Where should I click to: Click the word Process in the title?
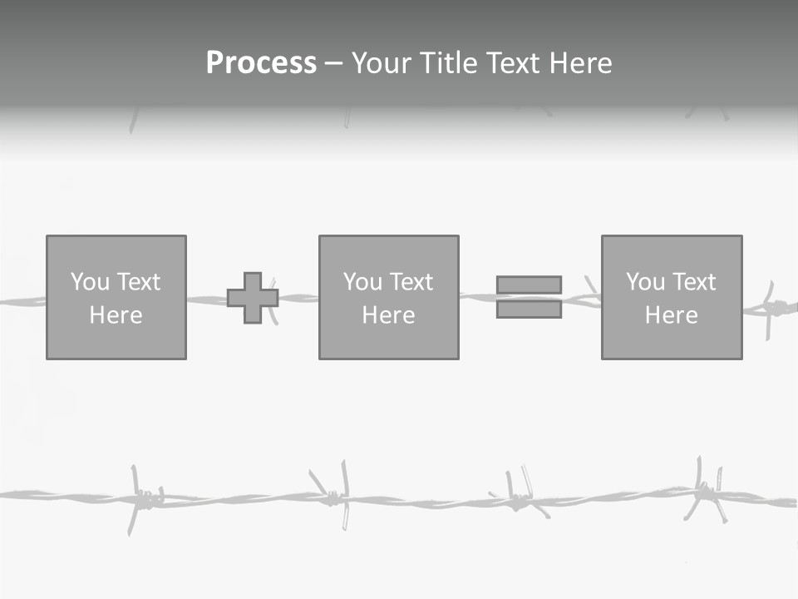(x=261, y=63)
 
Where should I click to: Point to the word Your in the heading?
(x=379, y=63)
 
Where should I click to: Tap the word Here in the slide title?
(x=579, y=63)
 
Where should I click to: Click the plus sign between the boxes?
(x=253, y=298)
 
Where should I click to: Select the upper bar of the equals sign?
(x=529, y=285)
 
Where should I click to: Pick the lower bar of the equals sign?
(x=529, y=309)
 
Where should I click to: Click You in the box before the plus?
(x=90, y=282)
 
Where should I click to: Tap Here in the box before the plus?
(x=116, y=315)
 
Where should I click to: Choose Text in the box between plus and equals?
(x=411, y=282)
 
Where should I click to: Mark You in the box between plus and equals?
(x=362, y=282)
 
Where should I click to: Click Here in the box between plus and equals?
(x=388, y=315)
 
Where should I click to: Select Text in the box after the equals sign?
(x=693, y=282)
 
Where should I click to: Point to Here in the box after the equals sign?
(x=671, y=315)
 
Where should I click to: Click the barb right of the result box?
(x=773, y=308)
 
